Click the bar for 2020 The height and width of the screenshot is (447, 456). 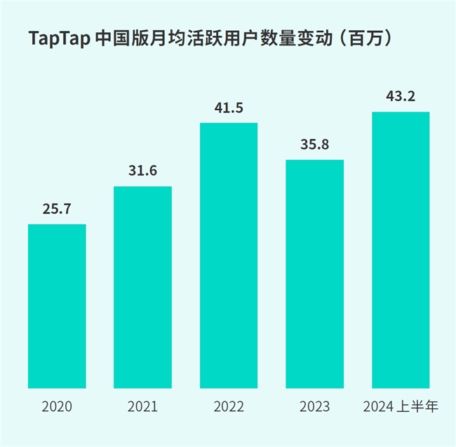pyautogui.click(x=57, y=306)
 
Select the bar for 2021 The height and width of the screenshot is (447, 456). pyautogui.click(x=142, y=287)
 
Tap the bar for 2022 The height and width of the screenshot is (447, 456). pyautogui.click(x=229, y=255)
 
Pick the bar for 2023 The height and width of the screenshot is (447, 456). pyautogui.click(x=314, y=274)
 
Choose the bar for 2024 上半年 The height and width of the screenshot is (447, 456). pyautogui.click(x=400, y=250)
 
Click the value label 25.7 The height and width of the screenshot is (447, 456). pyautogui.click(x=57, y=209)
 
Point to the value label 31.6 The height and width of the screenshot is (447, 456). pyautogui.click(x=142, y=171)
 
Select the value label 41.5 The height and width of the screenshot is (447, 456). pyautogui.click(x=229, y=108)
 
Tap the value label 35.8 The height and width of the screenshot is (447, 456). pyautogui.click(x=314, y=145)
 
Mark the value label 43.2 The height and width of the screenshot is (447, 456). pyautogui.click(x=400, y=96)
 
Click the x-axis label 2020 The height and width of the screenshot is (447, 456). pyautogui.click(x=57, y=406)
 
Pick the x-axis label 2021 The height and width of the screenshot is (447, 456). pyautogui.click(x=142, y=406)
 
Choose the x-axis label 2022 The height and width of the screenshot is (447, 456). pyautogui.click(x=229, y=406)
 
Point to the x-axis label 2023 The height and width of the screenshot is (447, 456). pyautogui.click(x=314, y=406)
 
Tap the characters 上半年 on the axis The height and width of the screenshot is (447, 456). pyautogui.click(x=418, y=406)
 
